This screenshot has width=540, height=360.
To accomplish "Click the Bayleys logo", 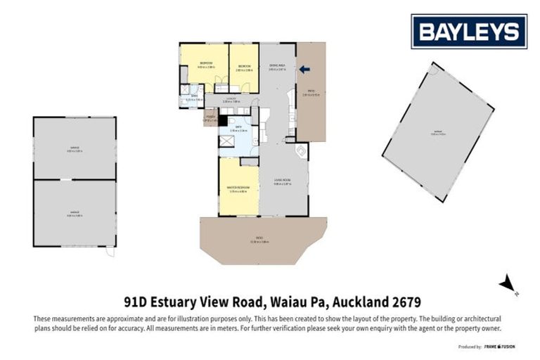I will pyautogui.click(x=468, y=31).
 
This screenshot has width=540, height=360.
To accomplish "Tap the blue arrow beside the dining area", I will pyautogui.click(x=304, y=69).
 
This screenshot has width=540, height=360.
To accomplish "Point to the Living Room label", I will pyautogui.click(x=283, y=182).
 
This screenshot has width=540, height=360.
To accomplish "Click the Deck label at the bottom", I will pyautogui.click(x=264, y=243).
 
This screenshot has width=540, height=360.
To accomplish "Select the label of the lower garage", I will pyautogui.click(x=75, y=214).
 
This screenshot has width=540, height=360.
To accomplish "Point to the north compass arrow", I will pyautogui.click(x=506, y=284).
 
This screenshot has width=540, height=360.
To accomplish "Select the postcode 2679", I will pyautogui.click(x=406, y=302).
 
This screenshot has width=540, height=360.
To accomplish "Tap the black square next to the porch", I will pyautogui.click(x=222, y=120).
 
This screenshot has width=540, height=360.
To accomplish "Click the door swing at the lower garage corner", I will pyautogui.click(x=109, y=252).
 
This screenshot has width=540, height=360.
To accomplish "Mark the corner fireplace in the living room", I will pyautogui.click(x=301, y=150).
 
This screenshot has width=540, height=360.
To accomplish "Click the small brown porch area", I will pyautogui.click(x=210, y=117).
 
